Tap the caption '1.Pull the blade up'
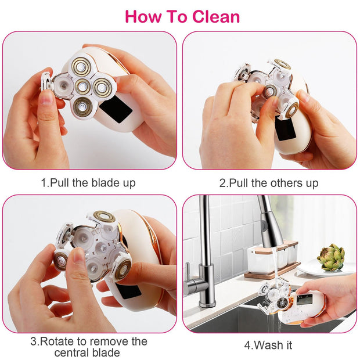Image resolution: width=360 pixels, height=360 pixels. click(88, 183)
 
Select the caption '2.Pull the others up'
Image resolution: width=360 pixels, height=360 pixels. click(269, 183)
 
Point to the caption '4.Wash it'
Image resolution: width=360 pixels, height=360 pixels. click(268, 345)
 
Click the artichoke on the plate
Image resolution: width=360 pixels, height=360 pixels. click(330, 257)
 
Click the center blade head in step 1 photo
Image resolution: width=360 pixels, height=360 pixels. click(82, 86)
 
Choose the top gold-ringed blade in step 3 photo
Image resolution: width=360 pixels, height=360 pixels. click(104, 217)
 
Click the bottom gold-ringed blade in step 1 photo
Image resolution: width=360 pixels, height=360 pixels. click(81, 106)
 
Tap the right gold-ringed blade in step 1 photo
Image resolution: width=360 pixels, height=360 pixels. click(103, 88)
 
